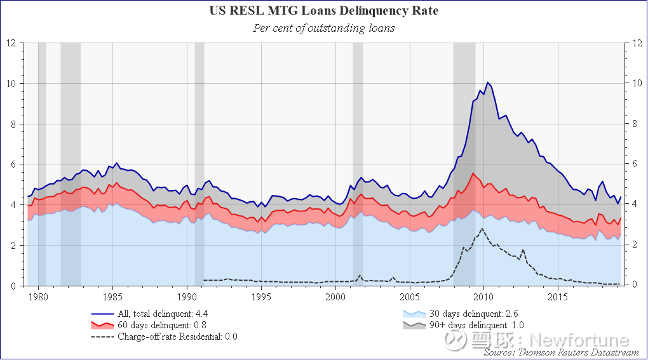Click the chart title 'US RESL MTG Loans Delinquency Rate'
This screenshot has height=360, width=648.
pos(323,10)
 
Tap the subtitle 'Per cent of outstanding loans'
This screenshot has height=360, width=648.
pos(324,28)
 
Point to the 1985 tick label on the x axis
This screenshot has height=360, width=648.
pos(112,297)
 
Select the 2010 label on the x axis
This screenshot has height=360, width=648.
pos(484,297)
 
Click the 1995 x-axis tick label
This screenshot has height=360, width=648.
pos(261,297)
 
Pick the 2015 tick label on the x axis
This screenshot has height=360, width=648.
pos(558,297)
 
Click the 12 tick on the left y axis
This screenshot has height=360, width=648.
pos(11,43)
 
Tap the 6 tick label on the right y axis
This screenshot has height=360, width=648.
pos(635,164)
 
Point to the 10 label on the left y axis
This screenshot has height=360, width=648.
pos(11,83)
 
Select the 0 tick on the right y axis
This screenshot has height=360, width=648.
pos(635,284)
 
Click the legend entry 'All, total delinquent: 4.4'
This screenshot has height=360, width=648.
pos(149,314)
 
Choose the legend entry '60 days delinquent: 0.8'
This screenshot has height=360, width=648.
pos(149,325)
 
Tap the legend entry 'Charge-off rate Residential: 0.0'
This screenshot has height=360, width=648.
pos(164,337)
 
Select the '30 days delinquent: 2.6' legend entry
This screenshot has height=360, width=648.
pos(461,314)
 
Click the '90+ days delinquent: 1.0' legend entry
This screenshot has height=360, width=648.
pos(463,325)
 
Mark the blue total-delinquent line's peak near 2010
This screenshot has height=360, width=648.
pos(488,83)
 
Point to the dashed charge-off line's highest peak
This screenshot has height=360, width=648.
pos(482,229)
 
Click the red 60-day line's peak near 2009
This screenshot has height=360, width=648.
pos(473,173)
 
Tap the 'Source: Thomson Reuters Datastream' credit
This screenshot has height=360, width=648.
pos(561,352)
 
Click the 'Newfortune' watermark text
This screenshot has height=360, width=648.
pos(579,340)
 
